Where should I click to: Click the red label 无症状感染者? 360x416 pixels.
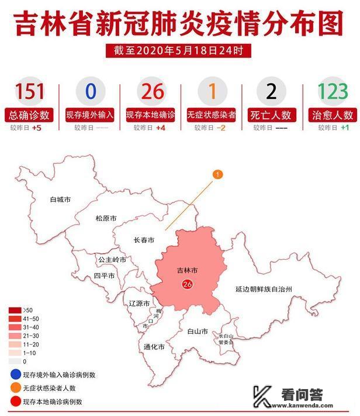click(211, 115)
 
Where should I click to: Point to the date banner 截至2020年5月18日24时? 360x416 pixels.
click(179, 51)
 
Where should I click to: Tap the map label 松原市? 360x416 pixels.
click(106, 218)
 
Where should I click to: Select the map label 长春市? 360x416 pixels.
click(143, 240)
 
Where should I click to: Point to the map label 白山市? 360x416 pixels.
click(198, 331)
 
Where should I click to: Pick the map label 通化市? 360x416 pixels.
click(154, 347)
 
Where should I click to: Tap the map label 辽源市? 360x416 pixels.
click(139, 303)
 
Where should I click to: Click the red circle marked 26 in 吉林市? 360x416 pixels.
click(188, 284)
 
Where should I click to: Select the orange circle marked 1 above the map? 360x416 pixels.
click(217, 174)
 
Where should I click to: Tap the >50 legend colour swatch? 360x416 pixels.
click(15, 309)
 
